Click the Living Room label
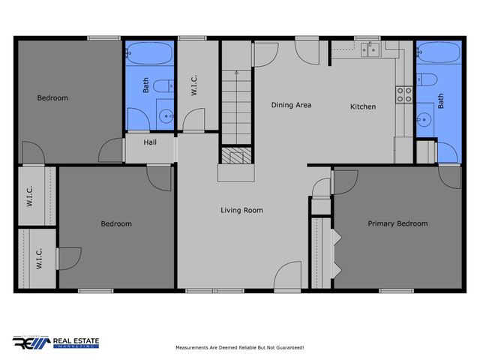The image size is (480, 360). pyautogui.click(x=241, y=211)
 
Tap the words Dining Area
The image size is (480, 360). pyautogui.click(x=291, y=105)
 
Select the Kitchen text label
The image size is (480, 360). pyautogui.click(x=363, y=106)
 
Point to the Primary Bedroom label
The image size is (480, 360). pyautogui.click(x=397, y=223)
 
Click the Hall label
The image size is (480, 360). pyautogui.click(x=150, y=141)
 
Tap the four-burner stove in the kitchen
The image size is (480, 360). pyautogui.click(x=403, y=94)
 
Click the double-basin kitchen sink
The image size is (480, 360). pyautogui.click(x=369, y=50)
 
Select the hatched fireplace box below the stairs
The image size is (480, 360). pyautogui.click(x=234, y=156)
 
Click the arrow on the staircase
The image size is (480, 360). pyautogui.click(x=236, y=75)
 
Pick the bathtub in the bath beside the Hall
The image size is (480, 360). pyautogui.click(x=148, y=54)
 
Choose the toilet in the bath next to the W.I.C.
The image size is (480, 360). pyautogui.click(x=164, y=86)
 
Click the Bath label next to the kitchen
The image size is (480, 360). pyautogui.click(x=441, y=101)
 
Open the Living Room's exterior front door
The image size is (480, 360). pyautogui.click(x=288, y=277)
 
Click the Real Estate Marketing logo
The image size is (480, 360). pyautogui.click(x=56, y=343)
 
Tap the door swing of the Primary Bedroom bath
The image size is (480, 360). pyautogui.click(x=450, y=176)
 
